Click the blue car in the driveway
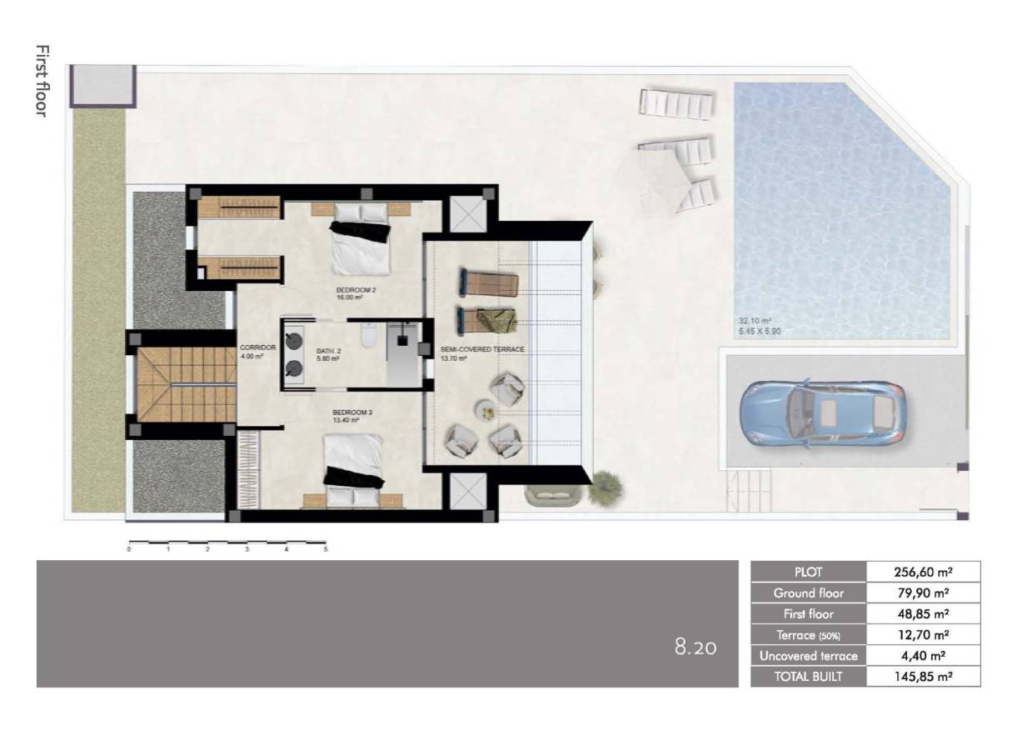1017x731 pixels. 823,413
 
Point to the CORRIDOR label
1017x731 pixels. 252,348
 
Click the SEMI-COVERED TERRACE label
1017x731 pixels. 483,349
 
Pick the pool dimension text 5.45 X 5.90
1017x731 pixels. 759,331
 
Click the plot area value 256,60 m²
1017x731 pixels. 923,572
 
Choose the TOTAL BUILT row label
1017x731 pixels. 808,677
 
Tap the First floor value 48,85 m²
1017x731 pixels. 923,614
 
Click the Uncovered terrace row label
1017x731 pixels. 808,656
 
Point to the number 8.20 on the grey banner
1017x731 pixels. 695,646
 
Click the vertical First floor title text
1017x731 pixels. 42,81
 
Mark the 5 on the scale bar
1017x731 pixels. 326,550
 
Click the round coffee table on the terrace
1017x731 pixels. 484,408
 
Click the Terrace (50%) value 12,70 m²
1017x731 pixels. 923,635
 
